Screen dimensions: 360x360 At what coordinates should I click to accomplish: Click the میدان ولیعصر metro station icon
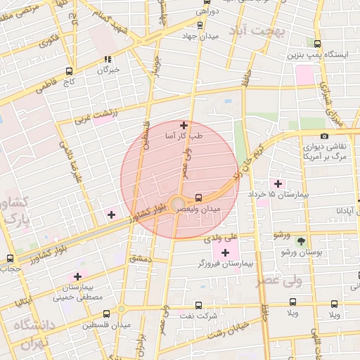pos(198,198)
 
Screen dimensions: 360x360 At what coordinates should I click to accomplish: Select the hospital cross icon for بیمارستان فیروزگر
pos(225,252)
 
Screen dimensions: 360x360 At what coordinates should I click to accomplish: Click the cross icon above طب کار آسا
pos(184,125)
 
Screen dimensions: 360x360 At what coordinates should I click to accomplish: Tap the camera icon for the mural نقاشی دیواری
pos(324,136)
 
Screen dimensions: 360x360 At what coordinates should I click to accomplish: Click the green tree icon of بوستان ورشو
pos(301,240)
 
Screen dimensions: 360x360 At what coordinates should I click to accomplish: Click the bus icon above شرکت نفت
pos(199,306)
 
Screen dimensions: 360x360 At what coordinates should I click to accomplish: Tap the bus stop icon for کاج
pos(69,71)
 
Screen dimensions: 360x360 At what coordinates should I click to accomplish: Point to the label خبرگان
pos(108,70)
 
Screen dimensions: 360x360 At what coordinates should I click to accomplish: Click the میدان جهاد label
pos(200,36)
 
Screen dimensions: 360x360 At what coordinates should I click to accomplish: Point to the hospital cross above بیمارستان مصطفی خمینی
pos(77,276)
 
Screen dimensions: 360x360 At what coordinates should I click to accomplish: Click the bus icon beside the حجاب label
pos(9,258)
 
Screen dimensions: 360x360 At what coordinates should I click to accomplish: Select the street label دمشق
pos(140,259)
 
